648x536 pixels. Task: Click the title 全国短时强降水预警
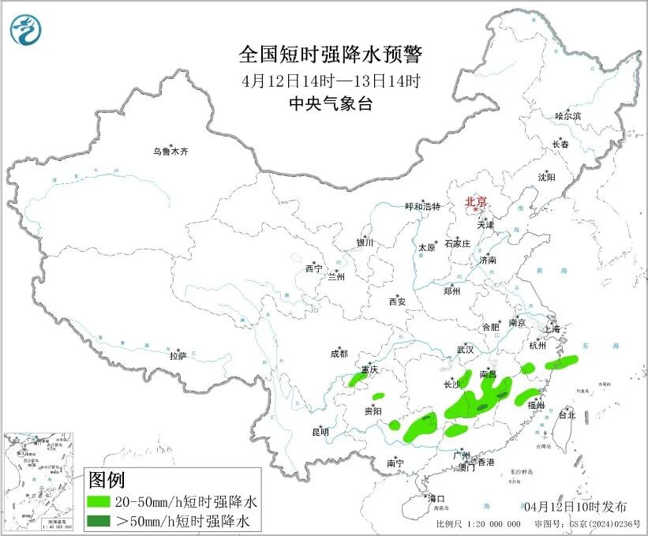(x=331, y=54)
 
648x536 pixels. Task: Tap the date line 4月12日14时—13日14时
(x=331, y=80)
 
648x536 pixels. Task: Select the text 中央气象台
(x=331, y=103)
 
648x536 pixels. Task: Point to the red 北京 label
(x=477, y=201)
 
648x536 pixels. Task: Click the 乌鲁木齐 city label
(x=171, y=151)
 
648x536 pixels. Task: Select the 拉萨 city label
(x=178, y=356)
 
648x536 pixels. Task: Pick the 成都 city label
(x=340, y=354)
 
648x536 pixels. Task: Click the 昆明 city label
(x=320, y=432)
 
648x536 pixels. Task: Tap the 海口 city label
(x=436, y=498)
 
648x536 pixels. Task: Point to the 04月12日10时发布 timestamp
(x=575, y=506)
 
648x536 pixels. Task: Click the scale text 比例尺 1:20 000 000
(x=478, y=524)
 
